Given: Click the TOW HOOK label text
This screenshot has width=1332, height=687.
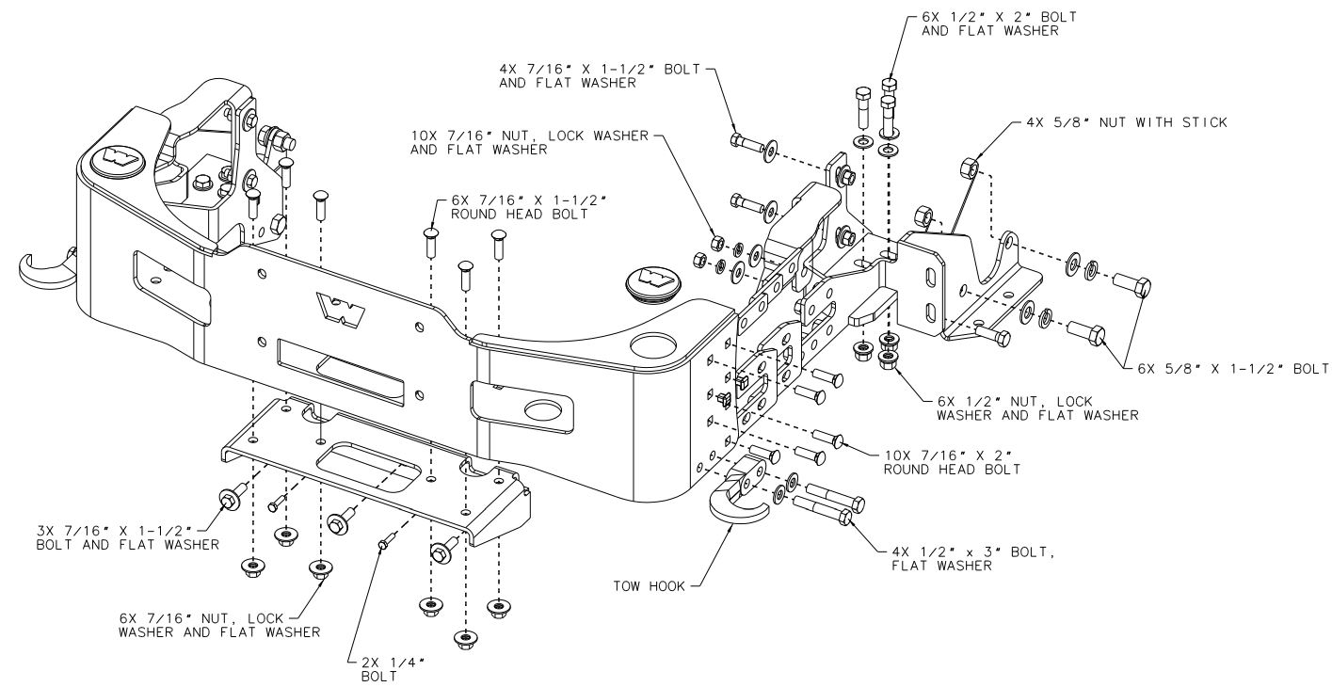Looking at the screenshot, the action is (649, 586).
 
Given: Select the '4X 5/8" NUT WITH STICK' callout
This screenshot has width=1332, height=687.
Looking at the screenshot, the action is (1127, 122).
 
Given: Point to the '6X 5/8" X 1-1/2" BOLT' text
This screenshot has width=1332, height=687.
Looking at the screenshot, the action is (1233, 369).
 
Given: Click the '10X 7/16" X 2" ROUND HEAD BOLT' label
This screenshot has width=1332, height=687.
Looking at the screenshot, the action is (952, 462).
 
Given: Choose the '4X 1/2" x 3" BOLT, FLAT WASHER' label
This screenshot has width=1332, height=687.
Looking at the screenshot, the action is (972, 559).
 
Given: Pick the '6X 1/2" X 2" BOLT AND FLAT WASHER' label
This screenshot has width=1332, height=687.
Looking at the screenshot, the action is (999, 24).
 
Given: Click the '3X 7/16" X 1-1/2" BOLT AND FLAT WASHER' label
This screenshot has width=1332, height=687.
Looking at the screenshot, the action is (128, 537).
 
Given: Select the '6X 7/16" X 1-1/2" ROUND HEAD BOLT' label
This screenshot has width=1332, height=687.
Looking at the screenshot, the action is (529, 207).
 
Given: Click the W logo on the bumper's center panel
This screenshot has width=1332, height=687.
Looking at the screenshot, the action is (341, 309).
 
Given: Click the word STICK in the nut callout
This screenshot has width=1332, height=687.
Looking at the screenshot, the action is (1205, 122).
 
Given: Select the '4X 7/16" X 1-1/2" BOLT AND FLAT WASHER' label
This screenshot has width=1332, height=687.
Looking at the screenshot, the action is (600, 76).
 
